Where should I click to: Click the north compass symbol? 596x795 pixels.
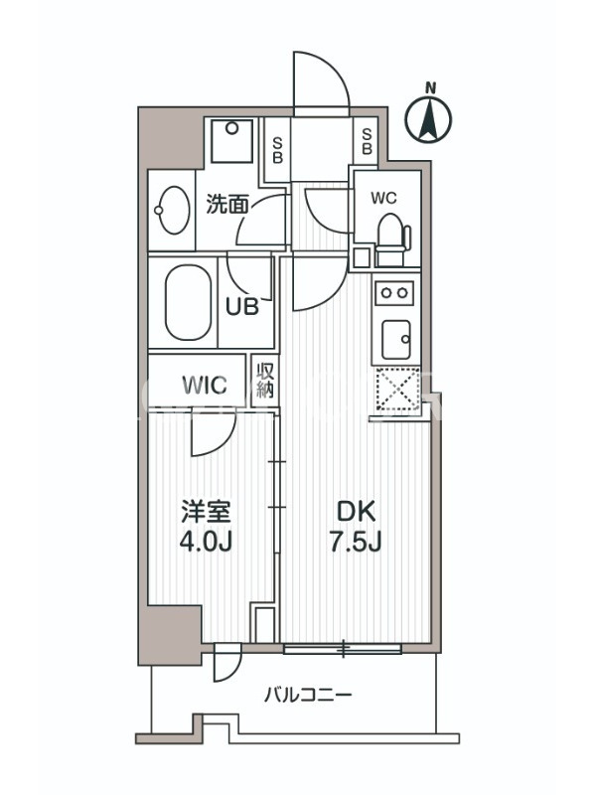click(x=429, y=115)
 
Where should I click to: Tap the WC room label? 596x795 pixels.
click(x=383, y=198)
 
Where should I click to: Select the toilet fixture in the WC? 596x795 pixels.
click(x=393, y=239)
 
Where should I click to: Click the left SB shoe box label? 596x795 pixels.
click(x=277, y=150)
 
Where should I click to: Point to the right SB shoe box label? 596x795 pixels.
click(x=367, y=141)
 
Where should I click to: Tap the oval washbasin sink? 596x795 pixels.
click(x=173, y=211)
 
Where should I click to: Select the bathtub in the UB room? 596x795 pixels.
click(x=188, y=303)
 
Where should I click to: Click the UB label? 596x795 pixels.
click(x=242, y=306)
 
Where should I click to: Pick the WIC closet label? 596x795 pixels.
click(x=205, y=386)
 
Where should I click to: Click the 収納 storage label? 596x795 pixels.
click(x=265, y=381)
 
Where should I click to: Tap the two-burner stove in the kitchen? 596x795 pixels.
click(x=393, y=293)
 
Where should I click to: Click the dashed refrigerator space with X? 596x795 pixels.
click(x=399, y=389)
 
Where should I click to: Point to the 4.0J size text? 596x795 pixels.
click(x=206, y=542)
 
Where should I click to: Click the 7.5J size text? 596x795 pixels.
click(x=356, y=542)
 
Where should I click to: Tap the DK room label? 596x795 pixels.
click(x=357, y=512)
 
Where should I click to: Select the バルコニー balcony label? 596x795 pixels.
click(x=308, y=694)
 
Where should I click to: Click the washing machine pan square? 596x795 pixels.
click(x=231, y=140)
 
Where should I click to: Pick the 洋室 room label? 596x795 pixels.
click(x=207, y=512)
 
